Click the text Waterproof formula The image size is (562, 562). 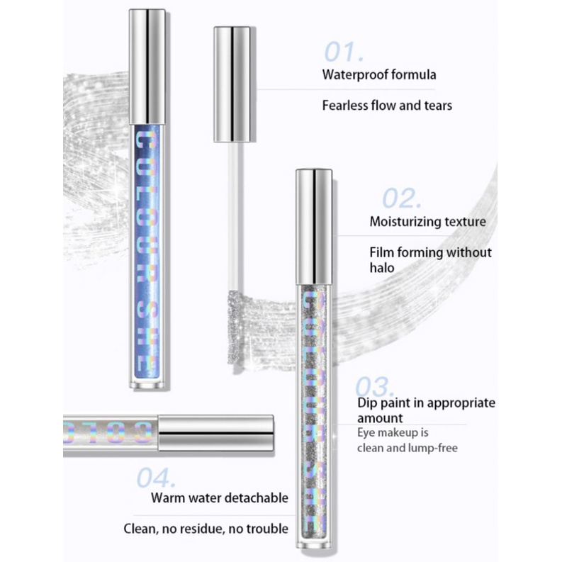[379, 74]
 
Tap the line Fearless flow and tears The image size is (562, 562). [387, 106]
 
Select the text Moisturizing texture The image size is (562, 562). [428, 222]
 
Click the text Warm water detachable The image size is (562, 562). [220, 498]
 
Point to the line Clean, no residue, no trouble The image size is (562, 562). [206, 529]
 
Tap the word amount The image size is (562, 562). [381, 419]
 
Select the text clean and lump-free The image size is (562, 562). [408, 448]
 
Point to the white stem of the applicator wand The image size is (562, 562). [232, 206]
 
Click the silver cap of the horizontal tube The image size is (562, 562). [215, 433]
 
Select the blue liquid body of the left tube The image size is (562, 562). [148, 248]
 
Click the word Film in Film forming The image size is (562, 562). [383, 252]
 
